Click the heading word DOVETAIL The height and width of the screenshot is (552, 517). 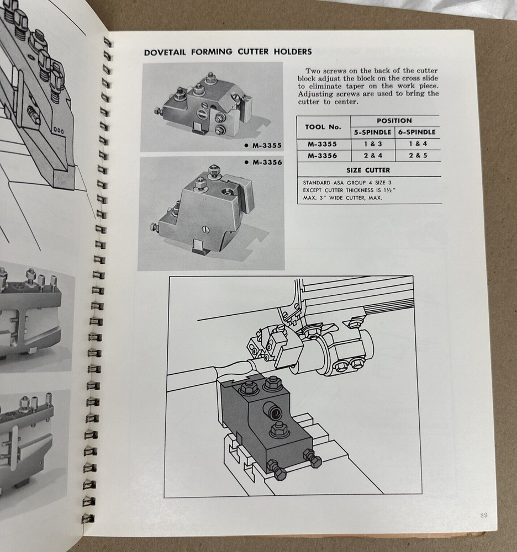coord(165,52)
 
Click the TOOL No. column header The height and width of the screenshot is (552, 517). coord(323,126)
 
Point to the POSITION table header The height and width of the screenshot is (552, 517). coord(394,120)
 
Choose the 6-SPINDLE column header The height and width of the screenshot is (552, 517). coord(418,132)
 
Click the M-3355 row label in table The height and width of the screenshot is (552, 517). coord(322,144)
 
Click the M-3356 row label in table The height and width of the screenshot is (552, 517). coord(322,156)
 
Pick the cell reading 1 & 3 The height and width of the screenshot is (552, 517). coord(372,144)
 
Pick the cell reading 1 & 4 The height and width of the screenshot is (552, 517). coord(418,144)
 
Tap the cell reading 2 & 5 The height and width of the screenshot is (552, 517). coord(418,156)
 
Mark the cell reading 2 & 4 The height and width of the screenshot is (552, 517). coord(372,156)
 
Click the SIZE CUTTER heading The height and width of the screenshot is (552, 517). coord(368,170)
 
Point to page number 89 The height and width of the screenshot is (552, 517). coord(483,516)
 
